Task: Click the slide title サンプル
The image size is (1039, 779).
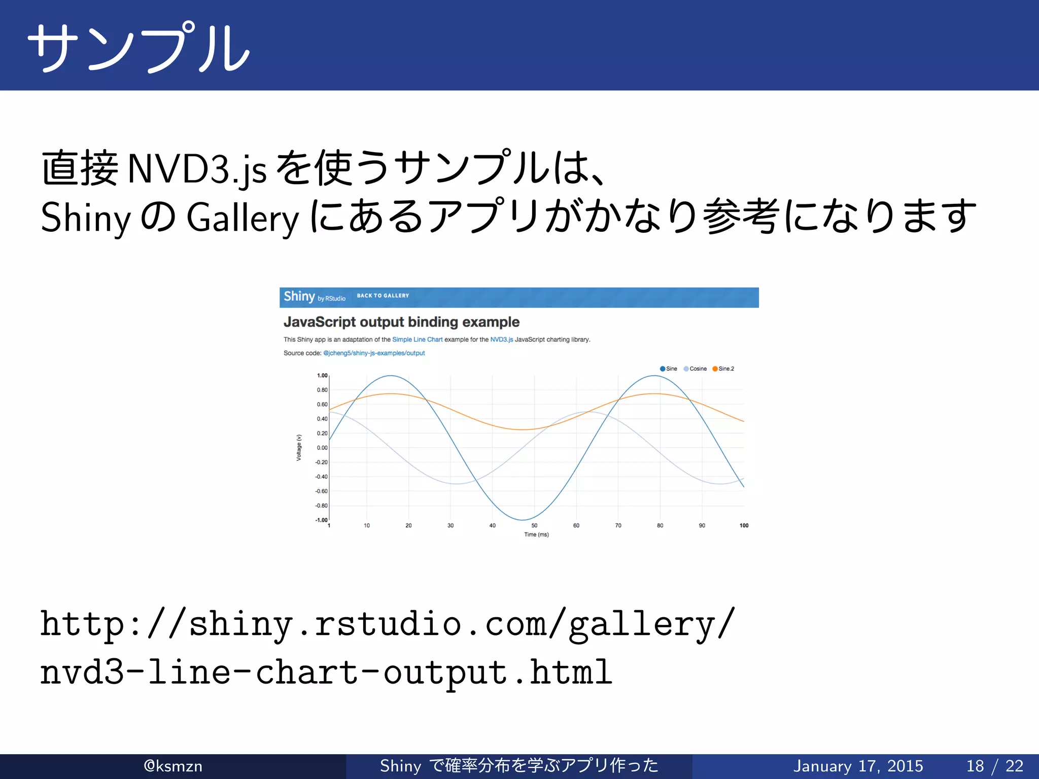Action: click(138, 47)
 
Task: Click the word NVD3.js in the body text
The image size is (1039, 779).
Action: click(197, 169)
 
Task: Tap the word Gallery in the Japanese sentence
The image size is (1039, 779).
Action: click(243, 218)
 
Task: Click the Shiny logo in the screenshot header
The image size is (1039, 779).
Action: click(299, 297)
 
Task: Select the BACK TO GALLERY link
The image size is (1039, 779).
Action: click(383, 296)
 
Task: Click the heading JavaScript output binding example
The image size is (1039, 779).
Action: click(401, 322)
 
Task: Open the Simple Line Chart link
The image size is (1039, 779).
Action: click(417, 340)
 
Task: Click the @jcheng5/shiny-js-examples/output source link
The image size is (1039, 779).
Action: click(374, 353)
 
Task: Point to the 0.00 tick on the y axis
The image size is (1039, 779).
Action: click(322, 448)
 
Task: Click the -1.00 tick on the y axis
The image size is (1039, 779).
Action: click(321, 520)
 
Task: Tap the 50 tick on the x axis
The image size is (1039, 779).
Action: click(534, 525)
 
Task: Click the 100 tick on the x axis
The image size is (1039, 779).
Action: click(744, 525)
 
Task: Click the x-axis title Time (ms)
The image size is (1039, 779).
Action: click(536, 535)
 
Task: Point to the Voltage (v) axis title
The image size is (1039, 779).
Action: click(299, 447)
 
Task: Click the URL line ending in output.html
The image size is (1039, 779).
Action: click(326, 672)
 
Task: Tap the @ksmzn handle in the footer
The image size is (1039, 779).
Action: click(173, 766)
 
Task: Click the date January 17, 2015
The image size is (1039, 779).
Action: click(858, 766)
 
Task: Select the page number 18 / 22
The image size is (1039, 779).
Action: click(994, 766)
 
